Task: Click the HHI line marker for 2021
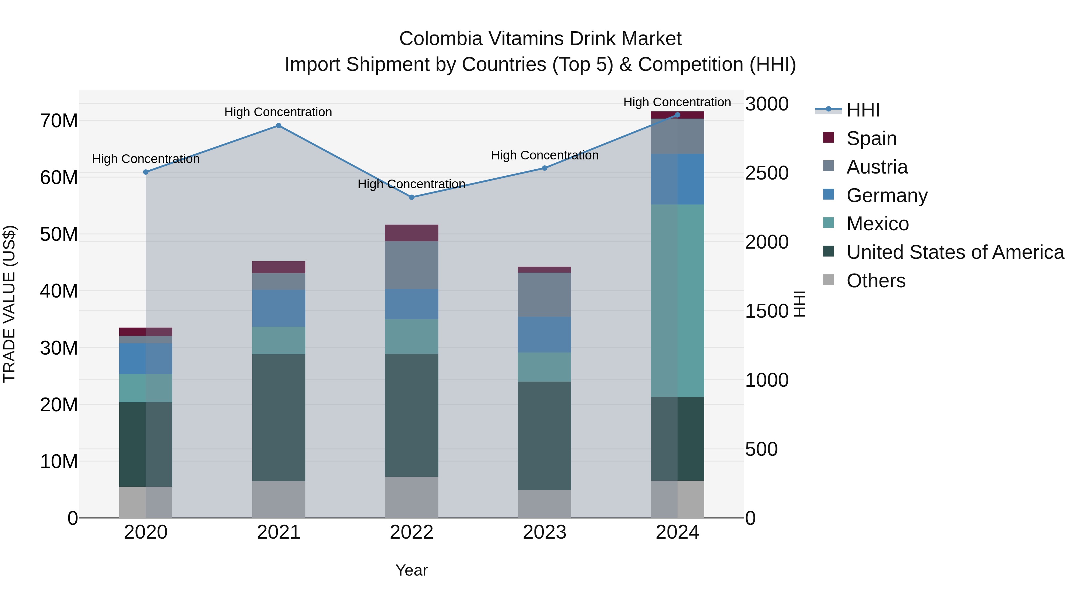pos(279,126)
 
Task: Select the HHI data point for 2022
pos(412,197)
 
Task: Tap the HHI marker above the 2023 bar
pos(545,168)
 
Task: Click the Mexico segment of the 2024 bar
pos(677,301)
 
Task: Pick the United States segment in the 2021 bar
pos(279,418)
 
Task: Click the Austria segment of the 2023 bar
pos(545,295)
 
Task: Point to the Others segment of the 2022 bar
pos(412,497)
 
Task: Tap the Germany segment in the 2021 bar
pos(279,308)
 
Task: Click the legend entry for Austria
pos(877,167)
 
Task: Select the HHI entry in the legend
pos(863,110)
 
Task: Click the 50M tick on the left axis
pos(59,234)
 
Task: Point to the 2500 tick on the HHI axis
pos(767,173)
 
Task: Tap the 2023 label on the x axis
pos(545,532)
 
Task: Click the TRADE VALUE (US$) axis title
pos(9,304)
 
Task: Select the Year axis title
pos(412,570)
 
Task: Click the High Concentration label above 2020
pos(146,159)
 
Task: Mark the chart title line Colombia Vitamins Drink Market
pos(540,39)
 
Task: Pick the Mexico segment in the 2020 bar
pos(146,388)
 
